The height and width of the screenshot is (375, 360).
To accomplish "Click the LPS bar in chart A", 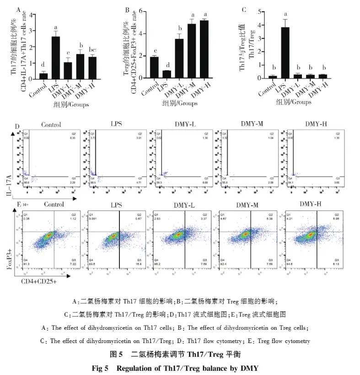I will pos(55,58).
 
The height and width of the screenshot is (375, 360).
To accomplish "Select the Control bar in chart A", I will pos(43,75).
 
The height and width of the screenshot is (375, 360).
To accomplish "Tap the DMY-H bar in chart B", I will pos(204,50).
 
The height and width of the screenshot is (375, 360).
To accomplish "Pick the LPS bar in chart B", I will pos(167,74).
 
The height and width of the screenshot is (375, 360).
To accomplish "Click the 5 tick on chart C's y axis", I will pos(258,10).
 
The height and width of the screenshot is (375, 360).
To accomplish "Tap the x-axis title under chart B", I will pos(180,103).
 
